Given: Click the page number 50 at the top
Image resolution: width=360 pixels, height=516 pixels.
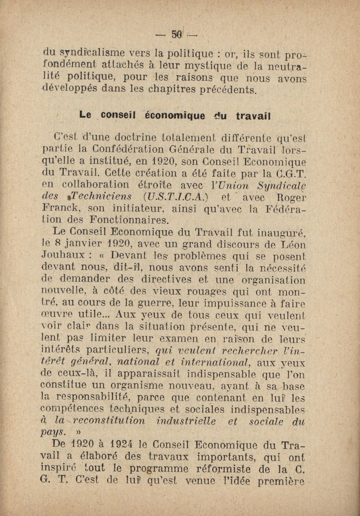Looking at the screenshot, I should coord(177,34).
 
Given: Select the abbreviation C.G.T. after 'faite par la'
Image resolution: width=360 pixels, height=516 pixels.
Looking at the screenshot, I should coord(291,174).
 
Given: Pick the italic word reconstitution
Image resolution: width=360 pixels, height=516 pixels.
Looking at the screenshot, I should coord(108,421).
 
